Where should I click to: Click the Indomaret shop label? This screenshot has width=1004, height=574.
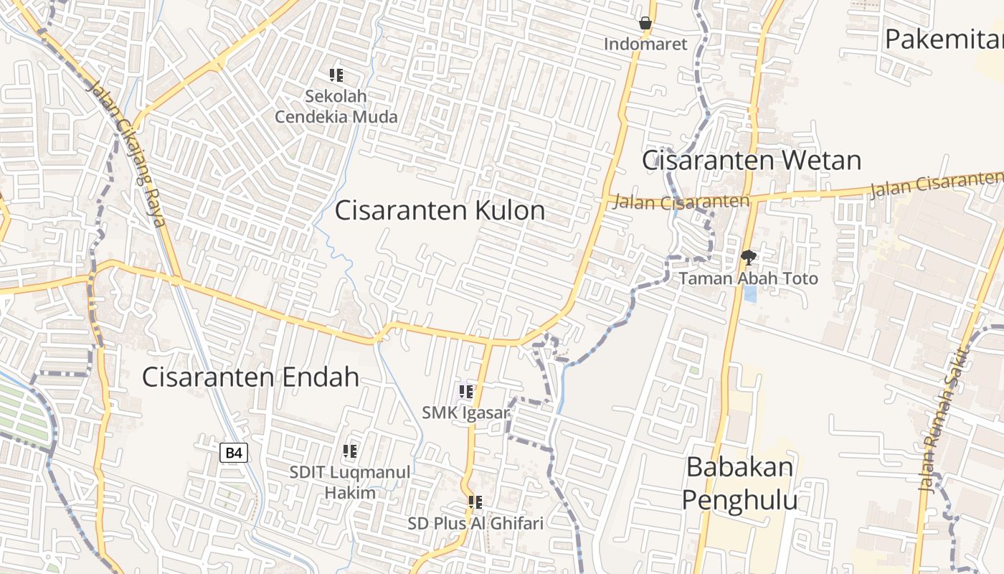[x=645, y=44]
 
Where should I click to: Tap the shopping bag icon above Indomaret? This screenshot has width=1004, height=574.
[x=645, y=24]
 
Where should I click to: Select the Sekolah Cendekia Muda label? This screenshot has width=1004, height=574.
[x=336, y=106]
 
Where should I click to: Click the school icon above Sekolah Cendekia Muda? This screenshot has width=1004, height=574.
[x=336, y=75]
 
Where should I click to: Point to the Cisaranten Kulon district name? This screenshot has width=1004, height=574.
[x=440, y=210]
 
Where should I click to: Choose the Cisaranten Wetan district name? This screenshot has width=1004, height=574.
[x=751, y=160]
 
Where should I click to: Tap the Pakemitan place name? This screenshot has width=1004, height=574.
[x=943, y=39]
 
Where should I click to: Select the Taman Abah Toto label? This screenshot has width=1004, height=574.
[x=748, y=278]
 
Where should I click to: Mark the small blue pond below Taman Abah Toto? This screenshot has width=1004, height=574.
[x=749, y=293]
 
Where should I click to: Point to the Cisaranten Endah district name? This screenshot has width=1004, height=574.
[x=250, y=377]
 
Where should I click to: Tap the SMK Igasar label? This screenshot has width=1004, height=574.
[x=465, y=413]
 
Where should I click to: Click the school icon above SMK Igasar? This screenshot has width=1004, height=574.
[x=466, y=392]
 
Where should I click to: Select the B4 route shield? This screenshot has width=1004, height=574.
[x=234, y=453]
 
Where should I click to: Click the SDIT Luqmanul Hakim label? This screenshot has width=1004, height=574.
[x=350, y=482]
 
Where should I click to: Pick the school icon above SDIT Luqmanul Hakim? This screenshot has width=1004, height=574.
[x=350, y=451]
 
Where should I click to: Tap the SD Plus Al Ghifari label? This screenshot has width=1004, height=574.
[x=475, y=523]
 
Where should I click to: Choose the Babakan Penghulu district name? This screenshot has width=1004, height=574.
[x=739, y=483]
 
